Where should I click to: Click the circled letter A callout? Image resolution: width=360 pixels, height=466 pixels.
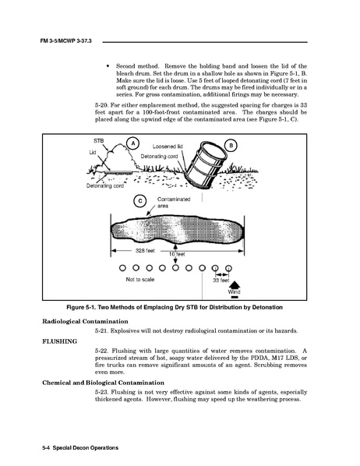pyautogui.click(x=133, y=143)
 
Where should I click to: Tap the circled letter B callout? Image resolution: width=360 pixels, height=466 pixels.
pyautogui.click(x=231, y=145)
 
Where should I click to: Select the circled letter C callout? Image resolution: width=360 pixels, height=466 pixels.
pyautogui.click(x=140, y=201)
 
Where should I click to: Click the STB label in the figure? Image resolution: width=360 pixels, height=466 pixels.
pyautogui.click(x=98, y=140)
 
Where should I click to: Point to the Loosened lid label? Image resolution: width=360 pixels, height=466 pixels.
pyautogui.click(x=168, y=147)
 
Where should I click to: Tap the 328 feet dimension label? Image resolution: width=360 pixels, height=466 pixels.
pyautogui.click(x=145, y=251)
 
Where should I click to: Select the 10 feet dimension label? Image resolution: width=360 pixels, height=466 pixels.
pyautogui.click(x=177, y=254)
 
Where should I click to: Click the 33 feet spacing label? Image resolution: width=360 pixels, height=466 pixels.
pyautogui.click(x=221, y=281)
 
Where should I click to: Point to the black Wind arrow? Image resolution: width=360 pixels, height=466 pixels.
pyautogui.click(x=235, y=284)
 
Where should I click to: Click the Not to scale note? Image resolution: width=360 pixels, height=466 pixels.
pyautogui.click(x=140, y=279)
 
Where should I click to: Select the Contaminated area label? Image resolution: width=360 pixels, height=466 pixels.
pyautogui.click(x=174, y=203)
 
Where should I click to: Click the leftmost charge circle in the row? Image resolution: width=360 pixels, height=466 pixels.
pyautogui.click(x=122, y=268)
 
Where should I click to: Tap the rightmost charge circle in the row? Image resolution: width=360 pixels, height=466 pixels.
pyautogui.click(x=228, y=268)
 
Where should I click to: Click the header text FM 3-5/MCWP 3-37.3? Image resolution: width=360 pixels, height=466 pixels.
pyautogui.click(x=65, y=41)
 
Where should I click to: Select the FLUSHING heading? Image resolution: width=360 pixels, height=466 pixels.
pyautogui.click(x=59, y=341)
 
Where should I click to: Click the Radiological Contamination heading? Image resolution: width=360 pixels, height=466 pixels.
pyautogui.click(x=85, y=321)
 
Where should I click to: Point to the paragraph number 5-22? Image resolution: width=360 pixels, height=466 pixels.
pyautogui.click(x=101, y=351)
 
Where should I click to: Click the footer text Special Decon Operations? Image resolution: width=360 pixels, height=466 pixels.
pyautogui.click(x=86, y=448)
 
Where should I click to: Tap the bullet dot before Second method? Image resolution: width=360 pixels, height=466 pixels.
pyautogui.click(x=108, y=66)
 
